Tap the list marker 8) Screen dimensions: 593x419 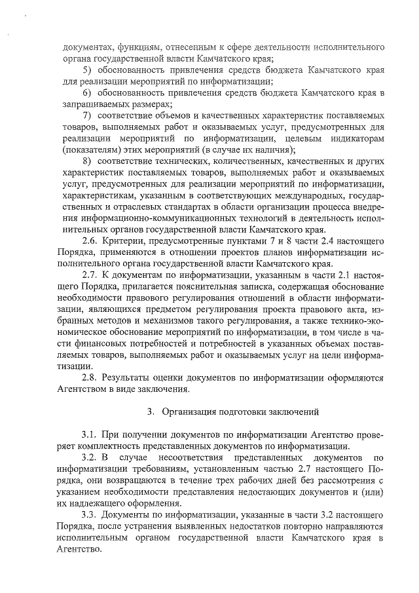point(87,161)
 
